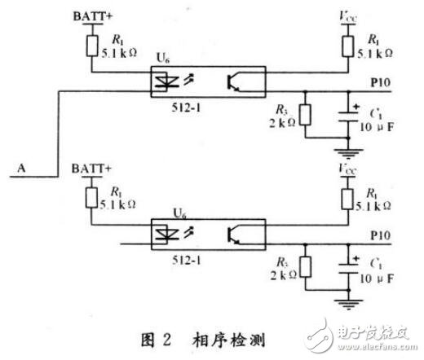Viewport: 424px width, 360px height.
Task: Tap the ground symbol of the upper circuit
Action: [x=353, y=151]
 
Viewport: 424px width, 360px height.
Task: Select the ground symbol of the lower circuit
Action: [x=353, y=303]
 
